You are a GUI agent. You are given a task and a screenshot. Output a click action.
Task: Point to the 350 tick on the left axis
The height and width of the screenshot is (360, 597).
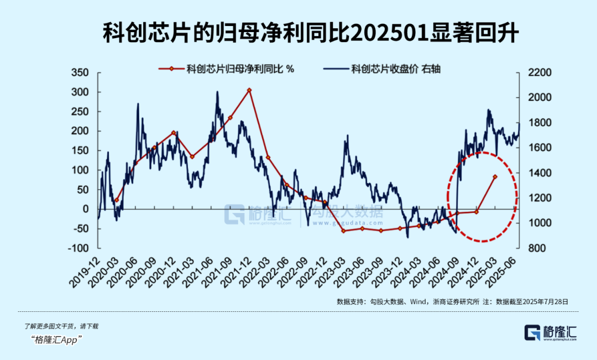click(x=81, y=73)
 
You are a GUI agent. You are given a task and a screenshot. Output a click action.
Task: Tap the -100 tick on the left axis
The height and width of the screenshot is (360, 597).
click(x=78, y=248)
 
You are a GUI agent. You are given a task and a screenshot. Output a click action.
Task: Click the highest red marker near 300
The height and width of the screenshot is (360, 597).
click(x=249, y=90)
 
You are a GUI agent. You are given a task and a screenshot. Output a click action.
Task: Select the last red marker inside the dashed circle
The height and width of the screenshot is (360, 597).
click(x=495, y=176)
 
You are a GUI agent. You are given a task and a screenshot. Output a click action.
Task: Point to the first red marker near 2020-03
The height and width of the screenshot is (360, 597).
click(x=117, y=200)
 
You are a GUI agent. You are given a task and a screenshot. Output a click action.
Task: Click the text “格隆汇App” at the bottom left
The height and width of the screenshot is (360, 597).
click(x=58, y=340)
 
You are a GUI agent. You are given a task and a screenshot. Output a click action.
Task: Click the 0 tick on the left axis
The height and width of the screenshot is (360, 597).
click(x=85, y=209)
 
